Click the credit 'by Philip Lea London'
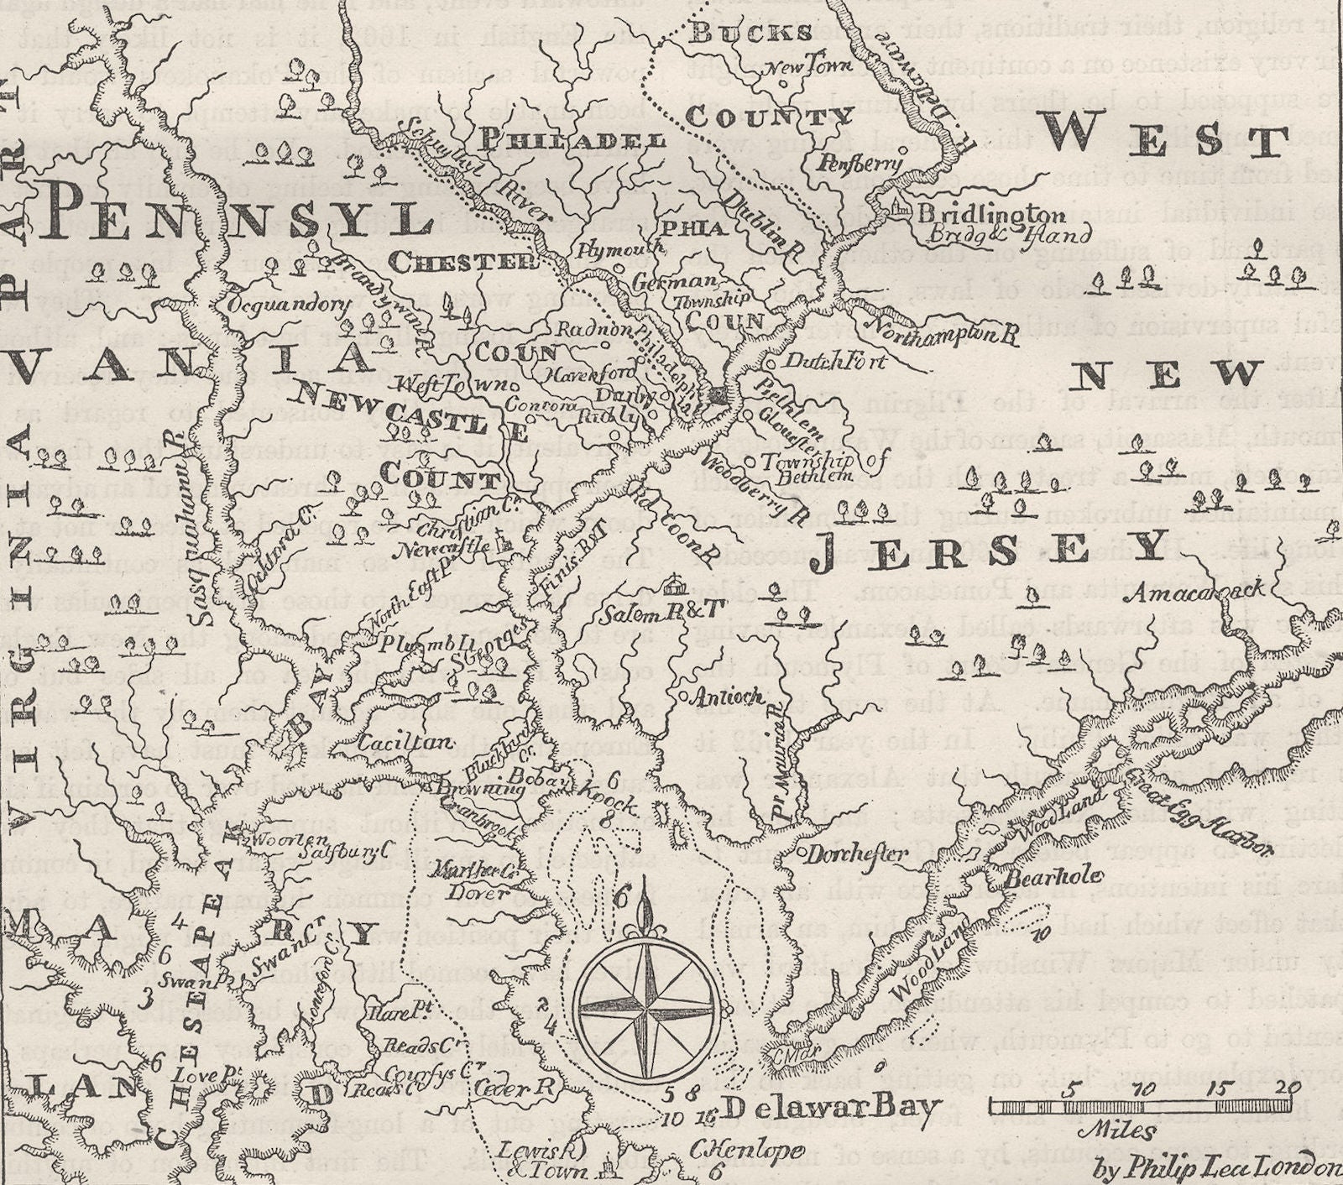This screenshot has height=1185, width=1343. tap(1217, 1166)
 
